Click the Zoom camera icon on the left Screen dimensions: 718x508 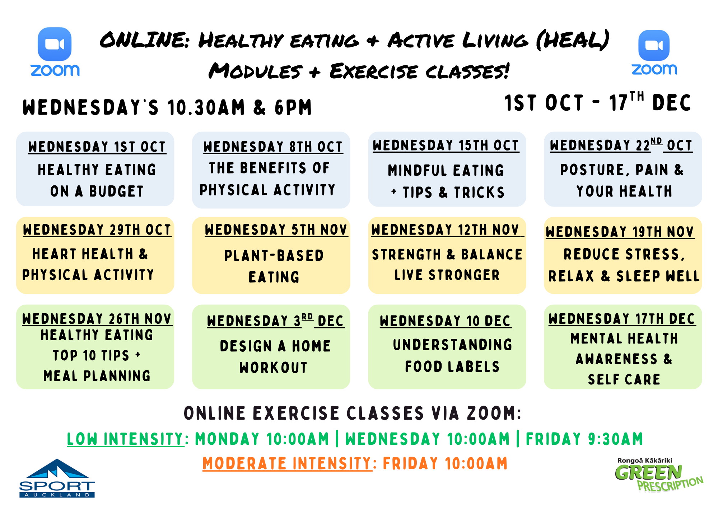55,44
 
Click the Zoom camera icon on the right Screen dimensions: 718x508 654,45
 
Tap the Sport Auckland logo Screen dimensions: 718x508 57,478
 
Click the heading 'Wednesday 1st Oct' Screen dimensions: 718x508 97,147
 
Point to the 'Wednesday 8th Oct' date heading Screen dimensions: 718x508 273,147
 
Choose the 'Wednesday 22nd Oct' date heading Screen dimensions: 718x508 621,145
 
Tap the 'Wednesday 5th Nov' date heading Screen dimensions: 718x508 276,230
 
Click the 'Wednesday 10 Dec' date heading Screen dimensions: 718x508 446,321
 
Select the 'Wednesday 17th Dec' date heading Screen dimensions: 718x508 622,319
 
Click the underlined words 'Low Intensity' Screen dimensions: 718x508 126,439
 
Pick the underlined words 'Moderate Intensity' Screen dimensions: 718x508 288,463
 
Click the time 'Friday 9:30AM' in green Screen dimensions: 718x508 584,439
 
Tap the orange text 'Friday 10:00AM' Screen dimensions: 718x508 446,463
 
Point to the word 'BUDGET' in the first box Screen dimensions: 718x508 116,191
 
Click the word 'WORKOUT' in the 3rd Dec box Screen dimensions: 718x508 274,368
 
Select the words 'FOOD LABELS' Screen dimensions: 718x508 452,367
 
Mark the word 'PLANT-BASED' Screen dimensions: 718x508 274,256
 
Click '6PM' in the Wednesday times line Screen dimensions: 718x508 293,107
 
